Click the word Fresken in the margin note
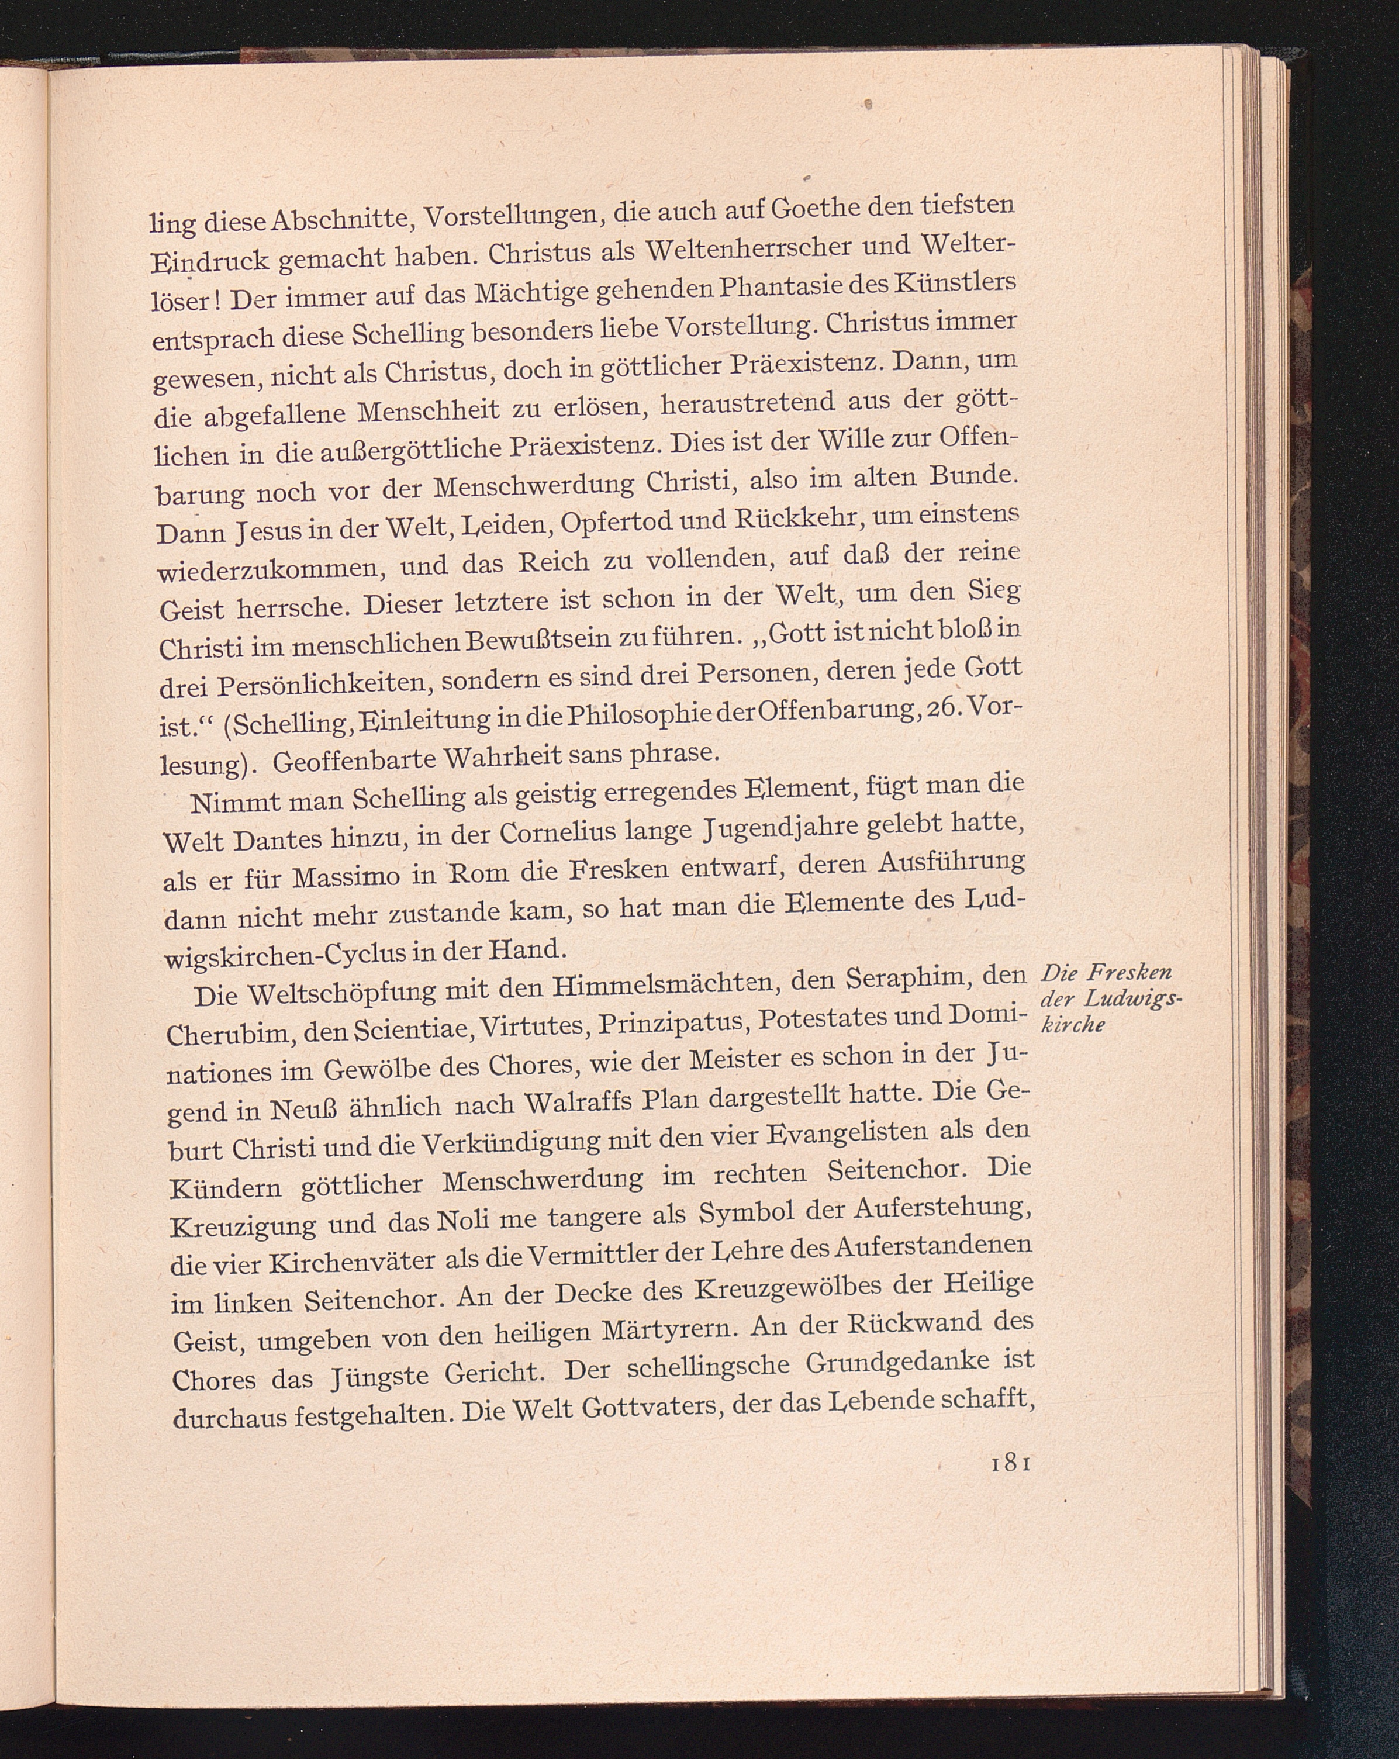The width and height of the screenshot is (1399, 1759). coord(1130,973)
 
